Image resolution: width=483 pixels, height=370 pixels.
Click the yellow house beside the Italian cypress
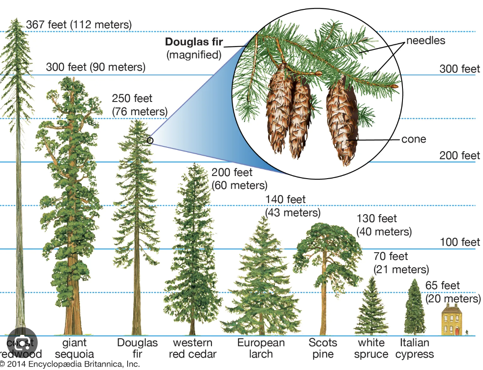point(453,320)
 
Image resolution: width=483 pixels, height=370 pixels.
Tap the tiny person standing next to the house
point(467,332)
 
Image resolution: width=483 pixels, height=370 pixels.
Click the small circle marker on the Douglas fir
point(149,140)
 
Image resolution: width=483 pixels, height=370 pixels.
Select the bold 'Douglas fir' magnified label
point(194,42)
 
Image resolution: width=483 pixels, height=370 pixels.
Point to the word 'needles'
point(426,41)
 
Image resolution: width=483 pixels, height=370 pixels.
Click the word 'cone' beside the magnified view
point(414,139)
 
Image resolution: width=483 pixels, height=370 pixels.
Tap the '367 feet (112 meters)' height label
point(79,25)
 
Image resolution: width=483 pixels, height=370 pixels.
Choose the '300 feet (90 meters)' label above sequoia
point(95,67)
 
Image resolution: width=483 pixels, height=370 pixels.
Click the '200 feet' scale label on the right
point(459,155)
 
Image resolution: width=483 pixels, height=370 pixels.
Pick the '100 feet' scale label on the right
point(460,242)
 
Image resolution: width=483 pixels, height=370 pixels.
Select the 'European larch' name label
point(261,349)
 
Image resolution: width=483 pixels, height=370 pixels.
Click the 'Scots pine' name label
point(323,349)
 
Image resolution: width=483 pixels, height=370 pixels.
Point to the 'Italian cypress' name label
point(414,349)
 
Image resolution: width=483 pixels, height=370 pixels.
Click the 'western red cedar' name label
point(192,349)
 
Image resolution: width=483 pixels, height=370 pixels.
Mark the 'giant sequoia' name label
point(74,349)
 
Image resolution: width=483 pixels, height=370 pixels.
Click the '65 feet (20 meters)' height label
point(453,292)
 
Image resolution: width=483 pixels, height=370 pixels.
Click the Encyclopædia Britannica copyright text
point(71,364)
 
